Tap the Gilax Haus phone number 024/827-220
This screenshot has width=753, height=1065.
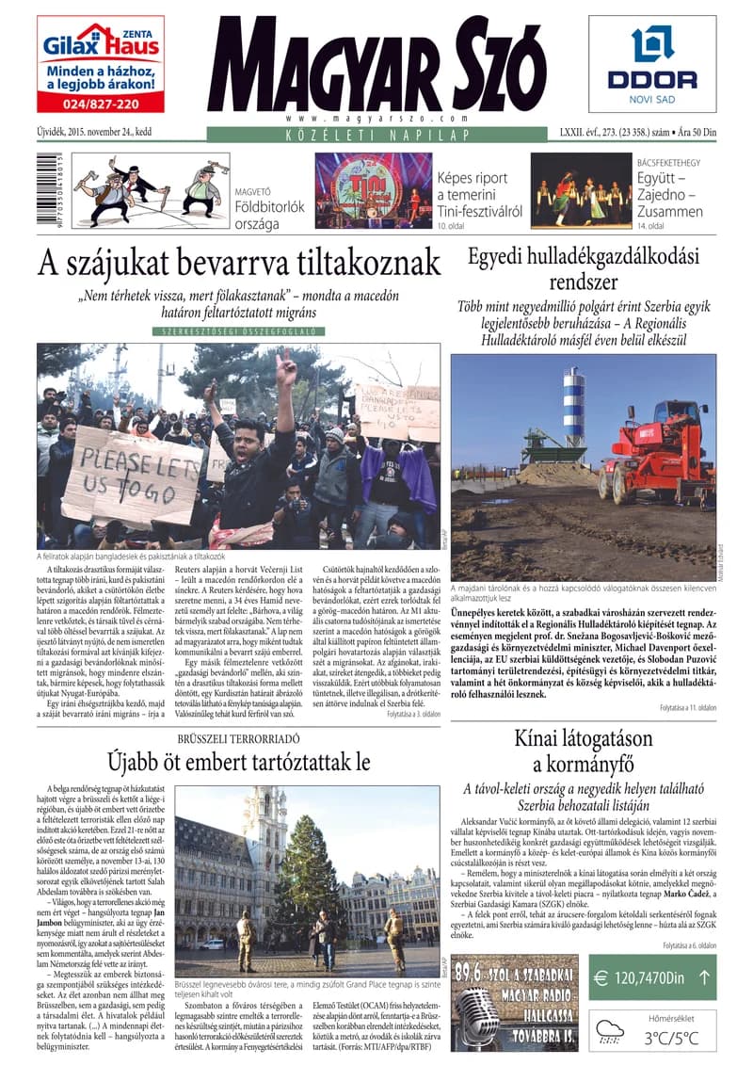pos(100,104)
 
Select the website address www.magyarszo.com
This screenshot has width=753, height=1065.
pos(376,119)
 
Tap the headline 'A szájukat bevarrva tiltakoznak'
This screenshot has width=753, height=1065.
pos(239,262)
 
